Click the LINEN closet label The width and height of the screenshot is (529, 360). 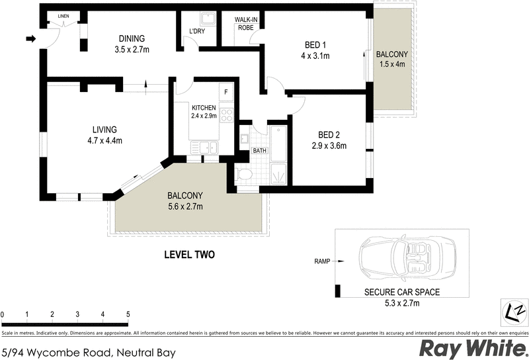click(x=63, y=15)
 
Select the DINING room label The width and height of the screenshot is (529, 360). click(x=132, y=38)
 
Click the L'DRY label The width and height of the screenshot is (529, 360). click(x=196, y=31)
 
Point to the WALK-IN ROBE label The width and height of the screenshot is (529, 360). click(x=246, y=24)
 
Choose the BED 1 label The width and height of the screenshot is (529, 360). click(x=315, y=45)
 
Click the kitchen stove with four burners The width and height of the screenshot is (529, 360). click(x=226, y=116)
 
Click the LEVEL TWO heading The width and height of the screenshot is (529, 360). click(x=189, y=255)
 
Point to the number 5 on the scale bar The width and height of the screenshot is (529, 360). click(x=128, y=314)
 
